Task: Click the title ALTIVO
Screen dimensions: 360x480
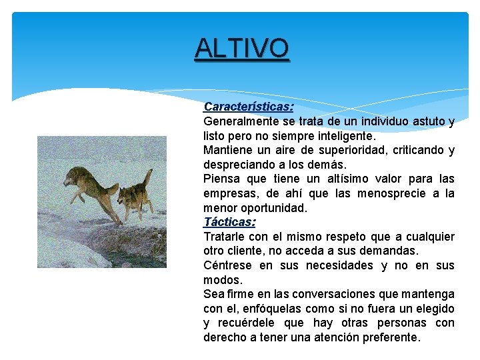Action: click(x=242, y=48)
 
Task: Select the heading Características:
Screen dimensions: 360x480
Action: click(x=249, y=107)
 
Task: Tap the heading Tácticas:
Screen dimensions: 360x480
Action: click(x=229, y=222)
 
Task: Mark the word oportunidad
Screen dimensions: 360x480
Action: click(x=275, y=208)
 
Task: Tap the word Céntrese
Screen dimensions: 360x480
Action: click(x=227, y=265)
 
